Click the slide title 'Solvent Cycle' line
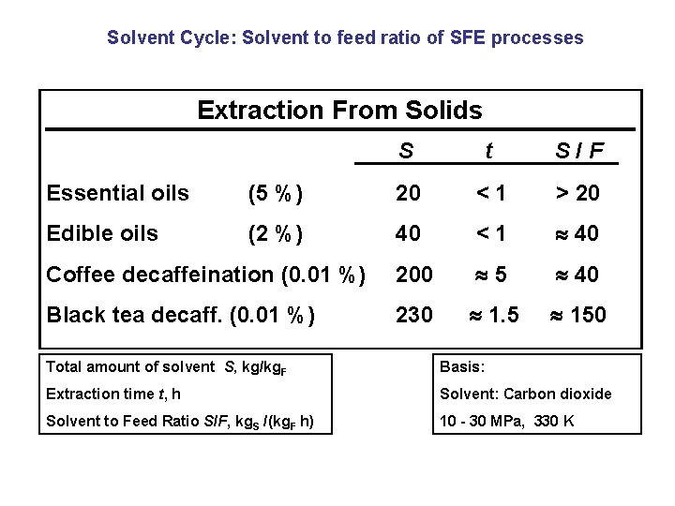pos(345,38)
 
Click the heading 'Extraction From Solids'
pos(339,111)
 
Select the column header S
pos(406,151)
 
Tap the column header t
pos(488,151)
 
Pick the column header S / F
pos(579,151)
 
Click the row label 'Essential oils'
pos(117,194)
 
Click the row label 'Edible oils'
pos(102,233)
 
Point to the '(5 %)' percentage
pos(274,194)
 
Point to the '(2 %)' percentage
pos(274,233)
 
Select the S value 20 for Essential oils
pos(408,194)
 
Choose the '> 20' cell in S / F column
pos(577,194)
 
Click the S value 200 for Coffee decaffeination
pos(413,275)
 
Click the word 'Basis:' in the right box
pos(462,366)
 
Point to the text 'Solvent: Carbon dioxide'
pos(525,394)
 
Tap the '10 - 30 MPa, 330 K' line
pos(507,421)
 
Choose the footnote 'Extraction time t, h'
pos(113,394)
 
